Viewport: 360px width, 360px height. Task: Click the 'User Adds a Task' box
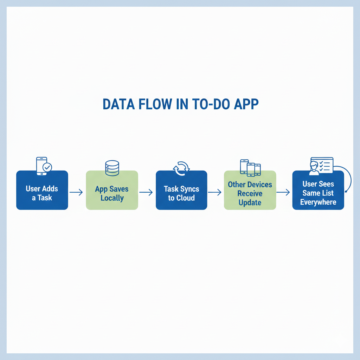point(42,190)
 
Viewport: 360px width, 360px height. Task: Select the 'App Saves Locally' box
point(112,190)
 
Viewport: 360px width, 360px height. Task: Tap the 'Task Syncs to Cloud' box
point(181,190)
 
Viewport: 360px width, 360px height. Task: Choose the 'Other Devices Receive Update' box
point(250,190)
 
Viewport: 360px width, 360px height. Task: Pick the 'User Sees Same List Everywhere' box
point(318,190)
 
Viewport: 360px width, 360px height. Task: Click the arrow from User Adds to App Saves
point(76,192)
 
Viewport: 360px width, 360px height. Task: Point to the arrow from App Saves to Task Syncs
point(146,192)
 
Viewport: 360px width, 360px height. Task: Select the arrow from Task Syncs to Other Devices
point(215,192)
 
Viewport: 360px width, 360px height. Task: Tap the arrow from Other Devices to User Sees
point(283,192)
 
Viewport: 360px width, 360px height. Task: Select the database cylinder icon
point(112,168)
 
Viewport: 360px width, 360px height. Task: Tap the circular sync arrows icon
point(181,168)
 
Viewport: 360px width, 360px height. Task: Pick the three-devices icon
point(250,167)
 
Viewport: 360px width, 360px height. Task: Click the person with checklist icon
point(320,166)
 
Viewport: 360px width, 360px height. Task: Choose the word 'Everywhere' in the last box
point(318,202)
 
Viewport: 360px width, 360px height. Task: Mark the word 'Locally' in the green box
point(112,198)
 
